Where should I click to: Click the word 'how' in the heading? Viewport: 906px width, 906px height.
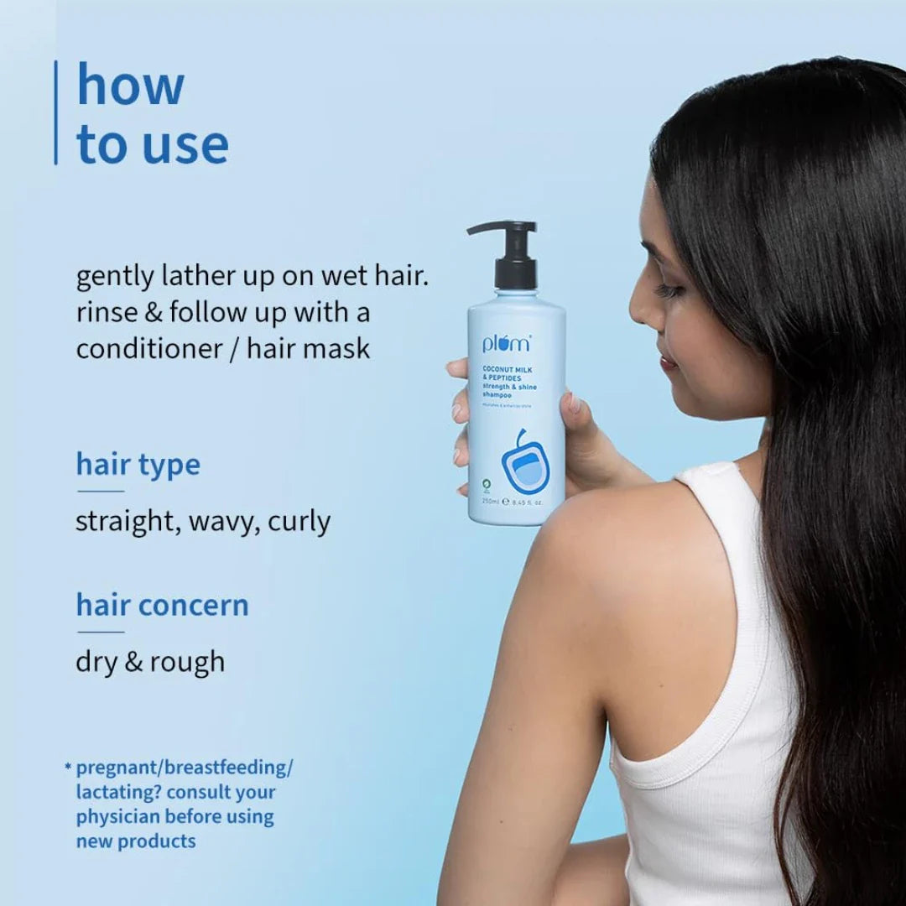pyautogui.click(x=130, y=86)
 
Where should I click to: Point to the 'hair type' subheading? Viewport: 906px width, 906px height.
pyautogui.click(x=138, y=464)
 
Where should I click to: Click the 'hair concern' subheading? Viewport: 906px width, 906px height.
pyautogui.click(x=162, y=605)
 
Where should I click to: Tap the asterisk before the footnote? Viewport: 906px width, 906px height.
pyautogui.click(x=67, y=766)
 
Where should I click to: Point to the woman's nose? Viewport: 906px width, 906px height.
pyautogui.click(x=638, y=311)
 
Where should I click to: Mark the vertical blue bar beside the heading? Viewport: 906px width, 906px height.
pyautogui.click(x=56, y=112)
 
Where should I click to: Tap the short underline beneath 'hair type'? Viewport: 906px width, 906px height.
pyautogui.click(x=101, y=491)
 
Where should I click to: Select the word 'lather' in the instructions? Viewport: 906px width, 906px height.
pyautogui.click(x=197, y=277)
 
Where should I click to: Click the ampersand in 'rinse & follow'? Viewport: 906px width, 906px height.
pyautogui.click(x=151, y=313)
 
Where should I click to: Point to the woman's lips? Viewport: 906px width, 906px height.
pyautogui.click(x=668, y=362)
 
